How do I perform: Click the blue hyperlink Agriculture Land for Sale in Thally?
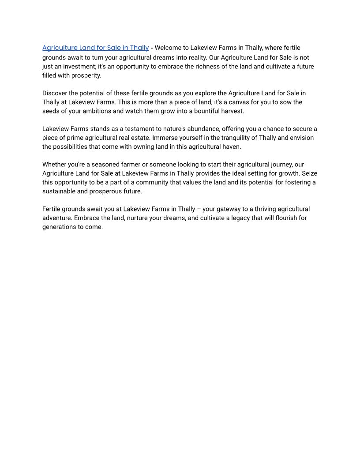point(95,48)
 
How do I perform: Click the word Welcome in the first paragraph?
point(171,48)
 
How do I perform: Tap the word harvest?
point(232,111)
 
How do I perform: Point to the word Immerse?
point(166,138)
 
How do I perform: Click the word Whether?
point(54,165)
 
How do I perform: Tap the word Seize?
point(309,173)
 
